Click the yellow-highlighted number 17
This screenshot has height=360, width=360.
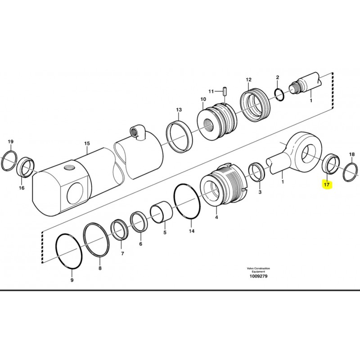point(327,184)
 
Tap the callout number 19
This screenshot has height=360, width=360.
point(11,141)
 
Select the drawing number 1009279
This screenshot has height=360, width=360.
point(258,276)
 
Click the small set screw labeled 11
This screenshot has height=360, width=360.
point(225,91)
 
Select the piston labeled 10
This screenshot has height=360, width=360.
point(217,121)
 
